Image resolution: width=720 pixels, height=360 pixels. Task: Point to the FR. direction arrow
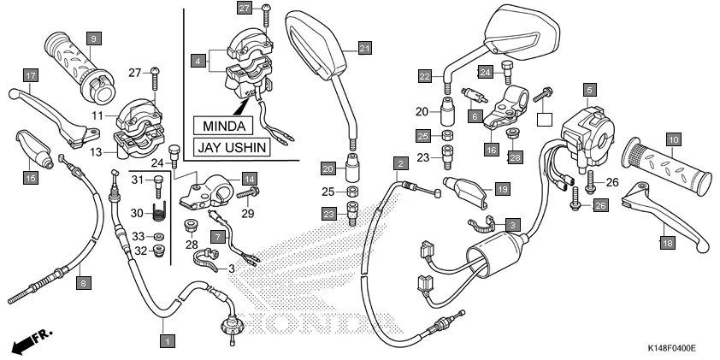(28, 343)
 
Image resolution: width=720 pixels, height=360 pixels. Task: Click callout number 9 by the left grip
(93, 38)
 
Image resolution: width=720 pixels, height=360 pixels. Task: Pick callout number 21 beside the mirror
(365, 48)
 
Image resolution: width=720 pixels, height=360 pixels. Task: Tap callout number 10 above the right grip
(674, 139)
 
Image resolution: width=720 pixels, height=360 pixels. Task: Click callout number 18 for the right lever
(666, 244)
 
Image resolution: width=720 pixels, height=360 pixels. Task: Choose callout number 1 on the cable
(168, 341)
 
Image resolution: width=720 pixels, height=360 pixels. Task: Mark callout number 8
(83, 283)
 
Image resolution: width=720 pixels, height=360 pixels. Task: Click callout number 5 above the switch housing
(589, 88)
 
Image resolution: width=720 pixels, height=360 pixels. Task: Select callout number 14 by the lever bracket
(249, 179)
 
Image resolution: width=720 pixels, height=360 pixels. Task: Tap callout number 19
(502, 188)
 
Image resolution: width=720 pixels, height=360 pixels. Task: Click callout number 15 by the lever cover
(30, 178)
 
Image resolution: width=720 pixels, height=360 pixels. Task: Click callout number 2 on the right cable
(398, 162)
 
